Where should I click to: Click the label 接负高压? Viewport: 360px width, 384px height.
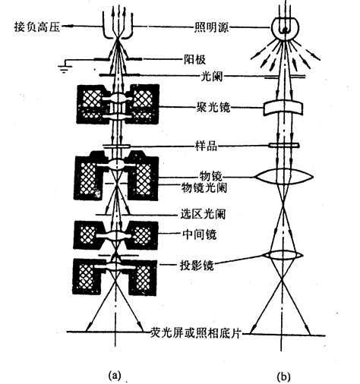click(37, 27)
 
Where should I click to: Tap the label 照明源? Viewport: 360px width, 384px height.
click(211, 27)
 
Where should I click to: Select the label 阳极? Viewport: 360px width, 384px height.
click(194, 60)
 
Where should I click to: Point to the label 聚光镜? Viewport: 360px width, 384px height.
click(213, 107)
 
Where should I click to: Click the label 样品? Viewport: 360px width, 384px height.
click(206, 146)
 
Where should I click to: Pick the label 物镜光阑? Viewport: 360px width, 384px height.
click(204, 187)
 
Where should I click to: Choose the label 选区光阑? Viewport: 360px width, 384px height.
click(203, 214)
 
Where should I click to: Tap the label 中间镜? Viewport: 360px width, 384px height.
click(200, 234)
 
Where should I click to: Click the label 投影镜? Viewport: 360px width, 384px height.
click(197, 266)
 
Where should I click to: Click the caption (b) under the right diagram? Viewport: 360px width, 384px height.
click(283, 376)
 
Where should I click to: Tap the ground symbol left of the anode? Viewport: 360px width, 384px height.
click(65, 68)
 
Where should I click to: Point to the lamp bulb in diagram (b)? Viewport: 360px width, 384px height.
click(286, 27)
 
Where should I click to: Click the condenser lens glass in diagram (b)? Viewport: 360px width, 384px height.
click(283, 108)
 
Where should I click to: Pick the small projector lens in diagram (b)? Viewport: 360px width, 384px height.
click(283, 255)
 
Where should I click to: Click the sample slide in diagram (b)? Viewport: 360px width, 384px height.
click(284, 146)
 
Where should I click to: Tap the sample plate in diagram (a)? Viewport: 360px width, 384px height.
click(116, 146)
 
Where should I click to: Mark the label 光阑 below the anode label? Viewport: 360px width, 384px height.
click(212, 76)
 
